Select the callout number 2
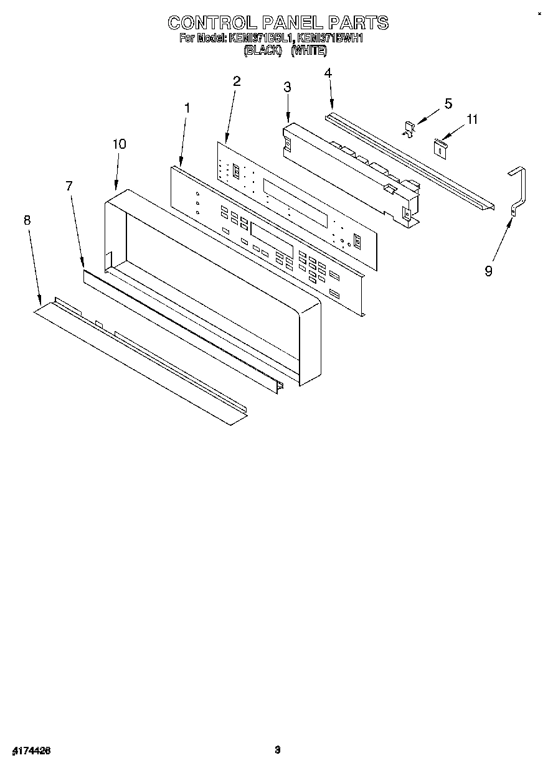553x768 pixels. click(237, 81)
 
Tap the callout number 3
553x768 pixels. click(287, 87)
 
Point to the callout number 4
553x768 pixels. click(328, 73)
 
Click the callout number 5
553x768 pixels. click(448, 103)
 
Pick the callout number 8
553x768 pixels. click(27, 220)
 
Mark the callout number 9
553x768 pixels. click(489, 271)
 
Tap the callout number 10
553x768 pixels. click(119, 144)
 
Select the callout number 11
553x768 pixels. click(473, 119)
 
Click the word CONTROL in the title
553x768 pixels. click(208, 23)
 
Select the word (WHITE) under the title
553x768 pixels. click(309, 51)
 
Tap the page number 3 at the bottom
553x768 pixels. click(278, 750)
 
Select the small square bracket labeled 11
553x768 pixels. click(441, 147)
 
